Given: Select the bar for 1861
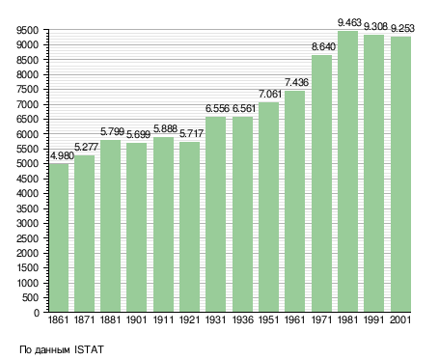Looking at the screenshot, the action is tap(59, 237).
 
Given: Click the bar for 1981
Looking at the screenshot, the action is tap(347, 172).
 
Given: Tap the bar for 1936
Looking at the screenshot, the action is tap(242, 214).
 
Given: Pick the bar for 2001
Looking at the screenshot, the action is tap(400, 175).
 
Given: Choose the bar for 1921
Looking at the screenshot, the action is tap(189, 227).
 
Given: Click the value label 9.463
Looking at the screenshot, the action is tap(349, 23).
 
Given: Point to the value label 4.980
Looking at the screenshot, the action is tap(63, 156).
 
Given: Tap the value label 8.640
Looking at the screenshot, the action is tap(323, 47).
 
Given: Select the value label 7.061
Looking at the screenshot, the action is tap(270, 95).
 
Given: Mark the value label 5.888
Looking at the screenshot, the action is tap(165, 128).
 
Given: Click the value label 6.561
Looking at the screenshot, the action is tap(244, 109).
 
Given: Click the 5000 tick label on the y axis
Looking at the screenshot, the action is tap(27, 164).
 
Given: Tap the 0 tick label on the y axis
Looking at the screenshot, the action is tap(36, 313).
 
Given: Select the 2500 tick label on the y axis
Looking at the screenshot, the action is tap(27, 238).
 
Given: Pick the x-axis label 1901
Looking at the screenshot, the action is tap(136, 320).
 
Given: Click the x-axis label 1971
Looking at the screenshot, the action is tap(322, 320).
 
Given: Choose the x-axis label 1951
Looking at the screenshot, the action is tap(269, 320).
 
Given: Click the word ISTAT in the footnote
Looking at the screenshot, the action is tap(89, 349).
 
